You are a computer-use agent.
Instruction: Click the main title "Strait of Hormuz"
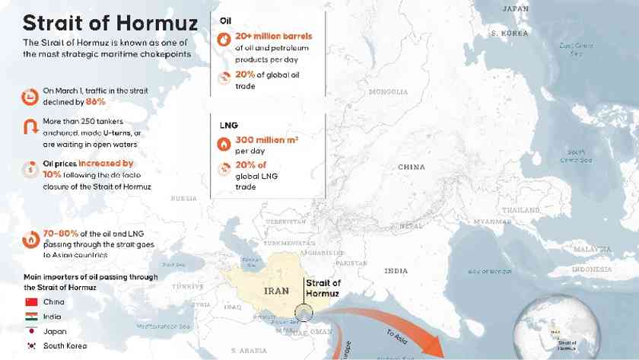point(110,22)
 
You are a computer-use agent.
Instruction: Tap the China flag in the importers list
point(32,302)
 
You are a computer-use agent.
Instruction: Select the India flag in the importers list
point(32,317)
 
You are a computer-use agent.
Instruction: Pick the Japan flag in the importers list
point(32,331)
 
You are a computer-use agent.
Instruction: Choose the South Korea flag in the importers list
point(32,346)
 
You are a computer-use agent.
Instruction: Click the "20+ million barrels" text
point(273,36)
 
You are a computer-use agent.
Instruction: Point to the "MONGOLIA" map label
point(388,92)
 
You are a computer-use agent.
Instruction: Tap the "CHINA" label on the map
point(412,167)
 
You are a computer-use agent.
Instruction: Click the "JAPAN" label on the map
point(516,8)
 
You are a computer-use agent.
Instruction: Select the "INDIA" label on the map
point(396,271)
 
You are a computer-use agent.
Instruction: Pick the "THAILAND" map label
point(520,209)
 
